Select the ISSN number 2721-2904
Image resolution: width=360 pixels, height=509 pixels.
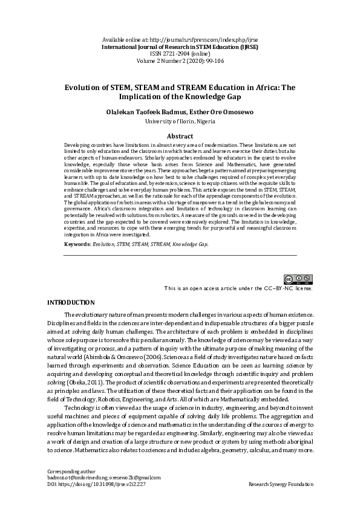point(172,53)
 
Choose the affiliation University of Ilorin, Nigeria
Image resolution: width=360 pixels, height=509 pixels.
point(180,122)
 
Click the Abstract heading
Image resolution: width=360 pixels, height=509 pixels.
point(180,137)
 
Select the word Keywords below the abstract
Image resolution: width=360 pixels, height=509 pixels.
point(77,244)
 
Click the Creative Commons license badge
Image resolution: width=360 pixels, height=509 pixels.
point(299,279)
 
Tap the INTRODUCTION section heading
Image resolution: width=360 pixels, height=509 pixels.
point(71,302)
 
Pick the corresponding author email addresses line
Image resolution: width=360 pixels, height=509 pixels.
point(103,478)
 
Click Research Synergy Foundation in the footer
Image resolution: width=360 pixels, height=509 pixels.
point(281,484)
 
